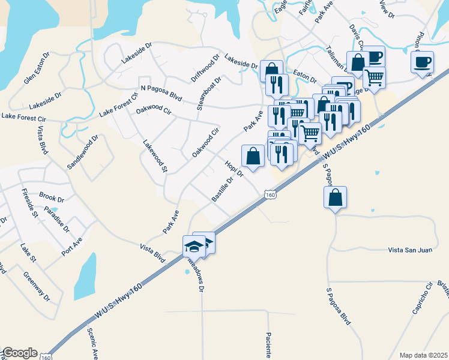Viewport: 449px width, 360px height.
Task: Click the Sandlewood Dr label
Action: click(82, 152)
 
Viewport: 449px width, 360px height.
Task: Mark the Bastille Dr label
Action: click(223, 190)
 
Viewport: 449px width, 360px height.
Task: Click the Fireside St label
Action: click(30, 202)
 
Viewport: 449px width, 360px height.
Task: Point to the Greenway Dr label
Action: click(37, 287)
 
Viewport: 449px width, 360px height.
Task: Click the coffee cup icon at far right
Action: click(423, 61)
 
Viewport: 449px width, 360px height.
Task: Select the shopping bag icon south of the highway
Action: click(336, 197)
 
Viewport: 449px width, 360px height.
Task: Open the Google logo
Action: click(20, 353)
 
